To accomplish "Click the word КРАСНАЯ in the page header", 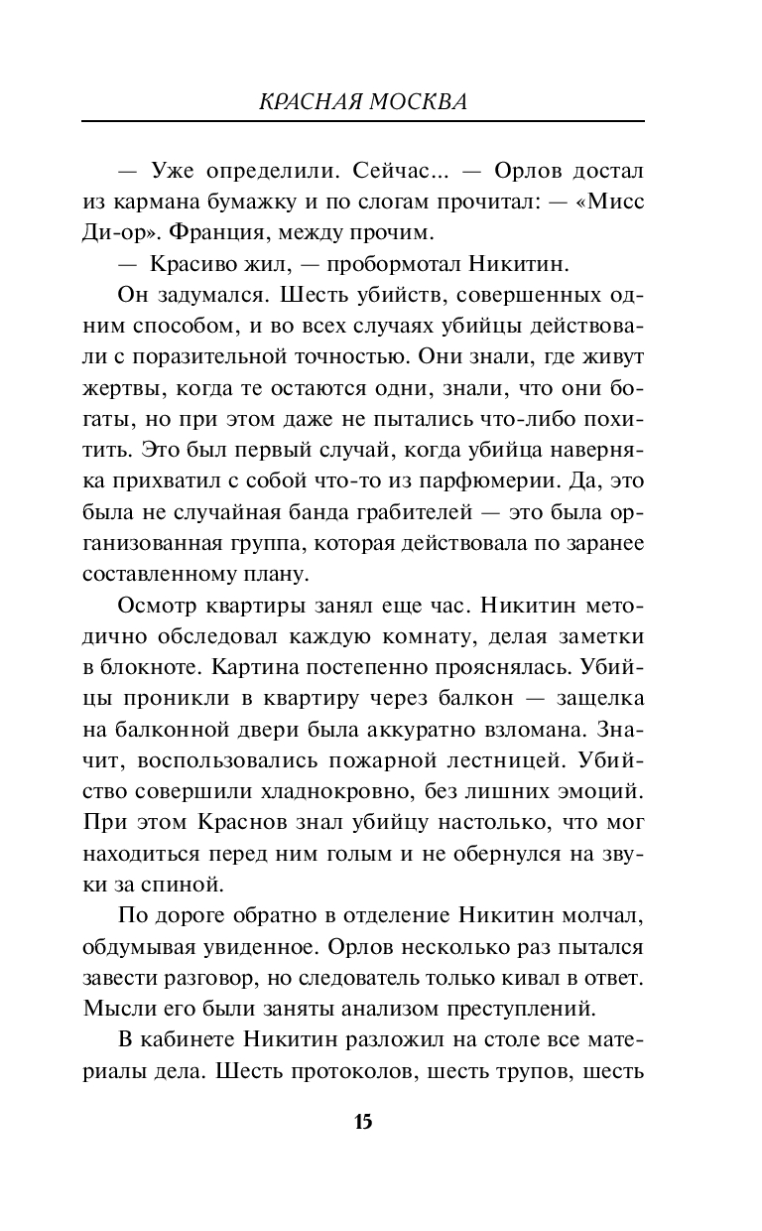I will point(316,101).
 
